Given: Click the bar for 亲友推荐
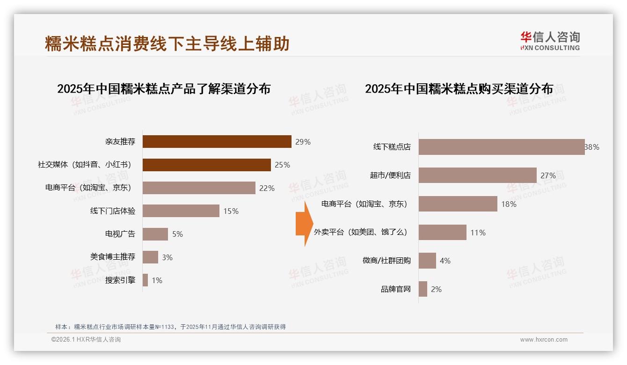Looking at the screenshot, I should pyautogui.click(x=217, y=142).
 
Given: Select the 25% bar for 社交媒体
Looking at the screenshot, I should pyautogui.click(x=206, y=165).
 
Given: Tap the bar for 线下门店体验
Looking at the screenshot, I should pyautogui.click(x=181, y=211).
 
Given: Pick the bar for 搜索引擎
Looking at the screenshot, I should pyautogui.click(x=145, y=280).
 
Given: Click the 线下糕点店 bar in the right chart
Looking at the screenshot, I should pyautogui.click(x=501, y=147).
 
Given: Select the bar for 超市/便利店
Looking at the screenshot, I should pyautogui.click(x=477, y=175).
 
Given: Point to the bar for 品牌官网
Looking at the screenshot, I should pyautogui.click(x=423, y=289).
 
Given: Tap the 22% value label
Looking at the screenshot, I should pyautogui.click(x=267, y=188).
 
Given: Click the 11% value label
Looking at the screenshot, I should pyautogui.click(x=478, y=233).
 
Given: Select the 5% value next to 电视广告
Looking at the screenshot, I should pyautogui.click(x=177, y=234).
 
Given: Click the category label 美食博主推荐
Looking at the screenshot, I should pyautogui.click(x=113, y=257).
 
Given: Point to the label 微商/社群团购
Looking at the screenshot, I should pyautogui.click(x=386, y=261).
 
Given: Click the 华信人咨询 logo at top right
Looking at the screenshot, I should pyautogui.click(x=550, y=41).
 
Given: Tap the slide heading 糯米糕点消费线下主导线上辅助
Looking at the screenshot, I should pyautogui.click(x=167, y=44).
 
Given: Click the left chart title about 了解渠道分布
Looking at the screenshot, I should pyautogui.click(x=164, y=88).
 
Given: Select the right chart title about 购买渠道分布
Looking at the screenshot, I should pyautogui.click(x=459, y=88).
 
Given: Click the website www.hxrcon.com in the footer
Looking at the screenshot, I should pyautogui.click(x=543, y=340).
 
